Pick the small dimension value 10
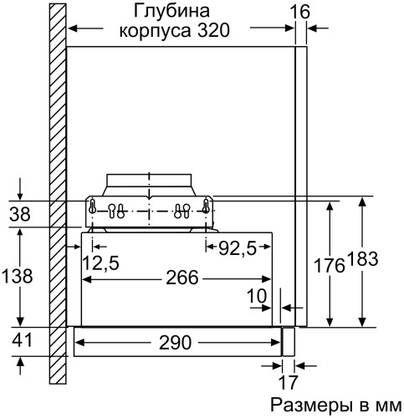point(258,296)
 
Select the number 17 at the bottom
point(288,384)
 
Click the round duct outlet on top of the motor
point(148,183)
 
